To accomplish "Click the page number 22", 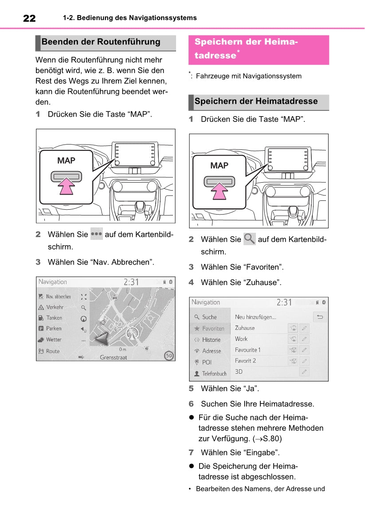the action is pos(29,18).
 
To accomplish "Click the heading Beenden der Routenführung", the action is pos(101,42).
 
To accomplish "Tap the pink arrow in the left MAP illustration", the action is pos(67,186).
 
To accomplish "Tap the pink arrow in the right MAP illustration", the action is pos(220,191).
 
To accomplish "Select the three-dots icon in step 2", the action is pos(97,234).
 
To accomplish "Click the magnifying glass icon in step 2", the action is pos(250,239).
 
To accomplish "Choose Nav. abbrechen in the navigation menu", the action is pos(58,297).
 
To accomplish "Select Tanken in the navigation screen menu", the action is pos(54,318).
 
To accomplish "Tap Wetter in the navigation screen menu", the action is pos(54,340).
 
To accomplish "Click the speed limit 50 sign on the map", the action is pos(169,356).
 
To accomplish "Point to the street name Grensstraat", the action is pos(114,357).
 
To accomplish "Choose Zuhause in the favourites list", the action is pos(245,328).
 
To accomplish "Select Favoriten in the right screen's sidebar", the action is pos(213,329).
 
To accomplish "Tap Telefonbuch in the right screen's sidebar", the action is pos(214,373).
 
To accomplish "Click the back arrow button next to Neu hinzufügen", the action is pos(320,317).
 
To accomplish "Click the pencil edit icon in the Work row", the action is pos(304,339).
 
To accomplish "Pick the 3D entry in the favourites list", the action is pos(239,372).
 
